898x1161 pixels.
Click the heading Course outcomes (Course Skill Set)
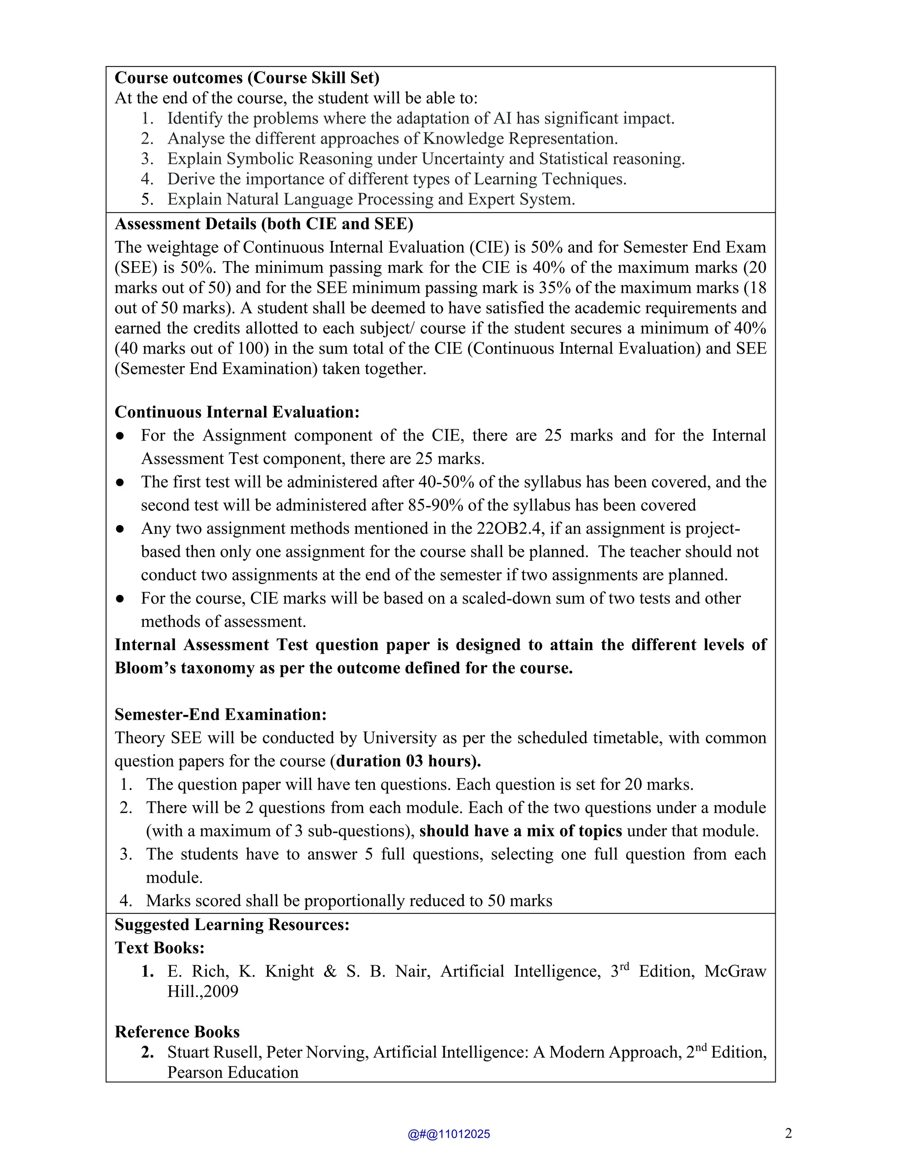coord(247,78)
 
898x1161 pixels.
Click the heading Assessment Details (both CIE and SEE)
coord(264,224)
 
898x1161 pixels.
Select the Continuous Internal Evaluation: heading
coord(237,412)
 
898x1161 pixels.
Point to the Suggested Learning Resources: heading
coord(232,924)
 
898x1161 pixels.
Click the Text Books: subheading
coord(160,948)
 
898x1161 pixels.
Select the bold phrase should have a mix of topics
coord(520,831)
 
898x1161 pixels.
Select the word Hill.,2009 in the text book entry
coord(203,991)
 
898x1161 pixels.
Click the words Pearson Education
coord(232,1072)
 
